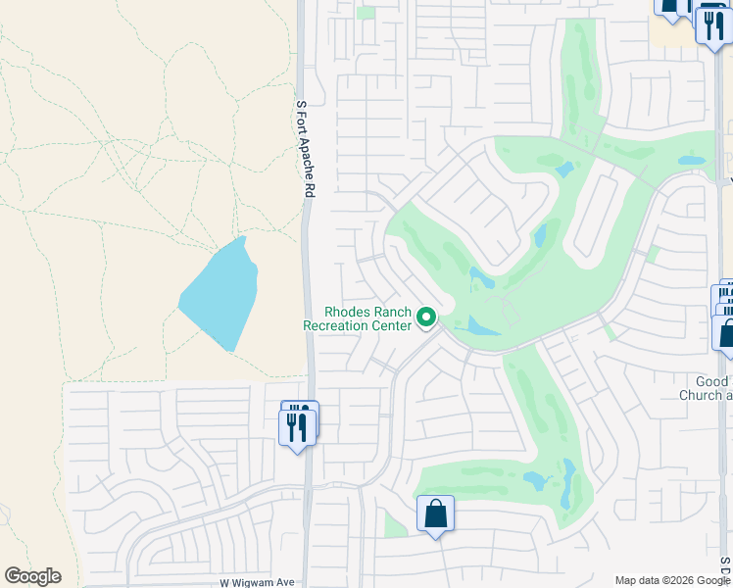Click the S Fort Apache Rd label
coord(306,149)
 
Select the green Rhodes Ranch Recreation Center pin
coord(426,318)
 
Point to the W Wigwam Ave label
coord(257,582)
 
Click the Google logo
coord(32,576)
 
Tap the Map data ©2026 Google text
coord(671,580)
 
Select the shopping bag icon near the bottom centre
coord(435,514)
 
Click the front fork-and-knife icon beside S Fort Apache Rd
coord(298,425)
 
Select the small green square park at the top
coord(366,13)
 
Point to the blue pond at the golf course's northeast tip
coord(692,160)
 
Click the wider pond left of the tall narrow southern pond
coord(536,480)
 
